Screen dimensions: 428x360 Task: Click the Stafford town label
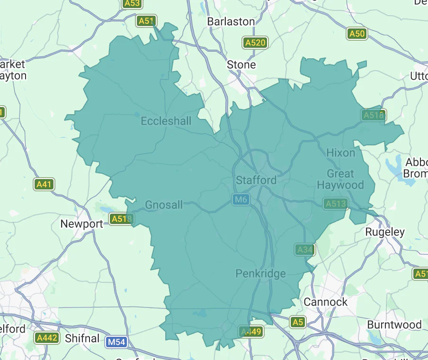click(256, 180)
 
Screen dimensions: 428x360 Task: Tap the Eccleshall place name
click(166, 121)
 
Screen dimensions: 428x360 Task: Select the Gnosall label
click(164, 205)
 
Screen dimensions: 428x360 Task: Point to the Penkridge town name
click(260, 274)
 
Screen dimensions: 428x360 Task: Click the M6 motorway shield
click(241, 200)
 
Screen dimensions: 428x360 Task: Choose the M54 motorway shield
click(116, 342)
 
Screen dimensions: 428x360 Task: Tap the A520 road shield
click(255, 43)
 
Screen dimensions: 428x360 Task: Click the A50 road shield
click(357, 33)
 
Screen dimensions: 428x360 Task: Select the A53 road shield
click(132, 4)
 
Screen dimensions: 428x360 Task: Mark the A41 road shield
click(44, 184)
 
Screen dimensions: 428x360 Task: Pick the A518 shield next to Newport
click(122, 218)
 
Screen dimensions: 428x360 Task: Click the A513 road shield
click(336, 204)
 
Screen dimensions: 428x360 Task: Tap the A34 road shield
click(304, 249)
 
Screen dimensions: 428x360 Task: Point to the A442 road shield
click(47, 338)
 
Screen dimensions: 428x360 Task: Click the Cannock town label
click(325, 302)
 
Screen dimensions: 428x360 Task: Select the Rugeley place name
click(385, 232)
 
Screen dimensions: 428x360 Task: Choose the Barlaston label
click(231, 22)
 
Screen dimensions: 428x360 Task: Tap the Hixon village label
click(340, 153)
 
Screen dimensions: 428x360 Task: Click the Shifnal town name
click(82, 338)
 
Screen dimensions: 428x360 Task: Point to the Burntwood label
click(394, 325)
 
